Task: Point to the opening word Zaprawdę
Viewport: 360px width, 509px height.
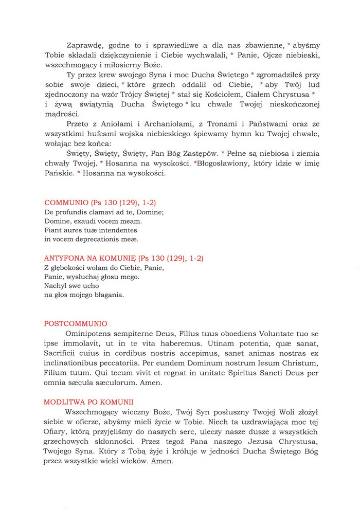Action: coord(85,46)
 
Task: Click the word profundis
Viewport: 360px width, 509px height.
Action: coord(74,212)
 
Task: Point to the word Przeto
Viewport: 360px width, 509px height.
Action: coord(78,124)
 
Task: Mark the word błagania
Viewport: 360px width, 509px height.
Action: coord(109,295)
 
